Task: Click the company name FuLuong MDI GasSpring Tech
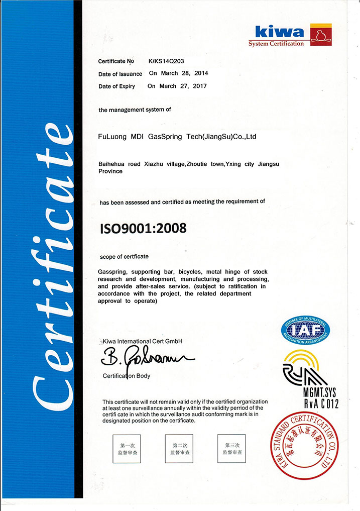tap(177, 136)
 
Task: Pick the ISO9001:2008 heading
tap(143, 228)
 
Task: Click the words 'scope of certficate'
tap(124, 256)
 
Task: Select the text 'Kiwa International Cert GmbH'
tap(142, 341)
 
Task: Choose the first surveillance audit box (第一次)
tap(126, 449)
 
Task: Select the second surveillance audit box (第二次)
tap(179, 449)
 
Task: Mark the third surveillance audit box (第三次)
tap(231, 449)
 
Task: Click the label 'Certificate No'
tap(116, 61)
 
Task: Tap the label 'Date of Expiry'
tap(116, 86)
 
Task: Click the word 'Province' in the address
tap(111, 171)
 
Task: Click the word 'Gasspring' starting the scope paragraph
tap(111, 272)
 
